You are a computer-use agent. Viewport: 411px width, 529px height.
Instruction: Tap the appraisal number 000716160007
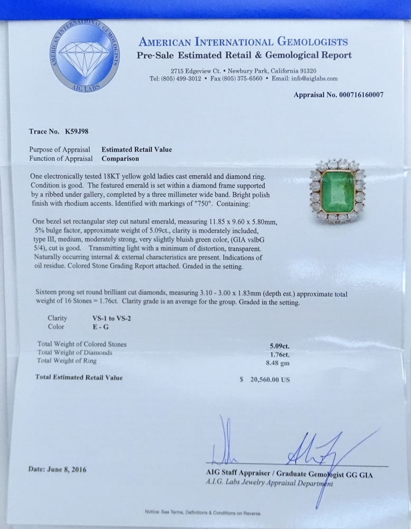point(353,95)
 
